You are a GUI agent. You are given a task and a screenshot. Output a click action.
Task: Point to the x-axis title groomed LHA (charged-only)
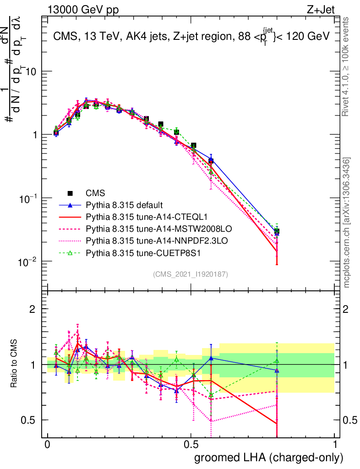(269, 458)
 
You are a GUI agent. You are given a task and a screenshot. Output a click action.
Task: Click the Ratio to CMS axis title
(14, 364)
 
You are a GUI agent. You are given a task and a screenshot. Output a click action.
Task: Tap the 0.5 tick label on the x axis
(191, 445)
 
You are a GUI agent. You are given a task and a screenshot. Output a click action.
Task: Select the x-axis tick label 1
(335, 445)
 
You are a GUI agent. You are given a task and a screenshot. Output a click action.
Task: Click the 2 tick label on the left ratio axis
(33, 309)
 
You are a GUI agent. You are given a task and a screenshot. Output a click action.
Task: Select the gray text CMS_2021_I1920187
(191, 274)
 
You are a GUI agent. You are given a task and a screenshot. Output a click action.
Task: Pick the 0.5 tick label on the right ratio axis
(350, 420)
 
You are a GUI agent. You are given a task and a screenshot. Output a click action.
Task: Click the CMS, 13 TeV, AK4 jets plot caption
(191, 36)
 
